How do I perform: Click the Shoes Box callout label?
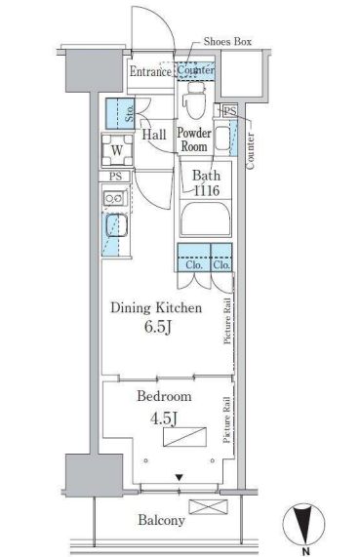[x=227, y=42]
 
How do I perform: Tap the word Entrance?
[x=150, y=71]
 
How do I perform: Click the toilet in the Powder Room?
[x=195, y=100]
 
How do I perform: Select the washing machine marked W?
[x=117, y=150]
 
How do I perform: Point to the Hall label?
[x=154, y=135]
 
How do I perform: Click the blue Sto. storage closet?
[x=120, y=114]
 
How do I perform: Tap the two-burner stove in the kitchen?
[x=115, y=198]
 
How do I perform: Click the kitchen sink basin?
[x=116, y=225]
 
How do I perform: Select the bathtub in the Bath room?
[x=206, y=219]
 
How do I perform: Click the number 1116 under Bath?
[x=206, y=191]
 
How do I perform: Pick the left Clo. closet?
[x=194, y=258]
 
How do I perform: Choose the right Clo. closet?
[x=221, y=258]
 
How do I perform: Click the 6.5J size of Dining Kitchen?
[x=158, y=327]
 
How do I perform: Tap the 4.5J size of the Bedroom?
[x=164, y=418]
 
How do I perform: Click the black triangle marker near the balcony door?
[x=180, y=478]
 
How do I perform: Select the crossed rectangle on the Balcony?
[x=208, y=507]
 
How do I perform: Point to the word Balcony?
[x=161, y=520]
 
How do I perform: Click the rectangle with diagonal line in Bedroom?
[x=184, y=437]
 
